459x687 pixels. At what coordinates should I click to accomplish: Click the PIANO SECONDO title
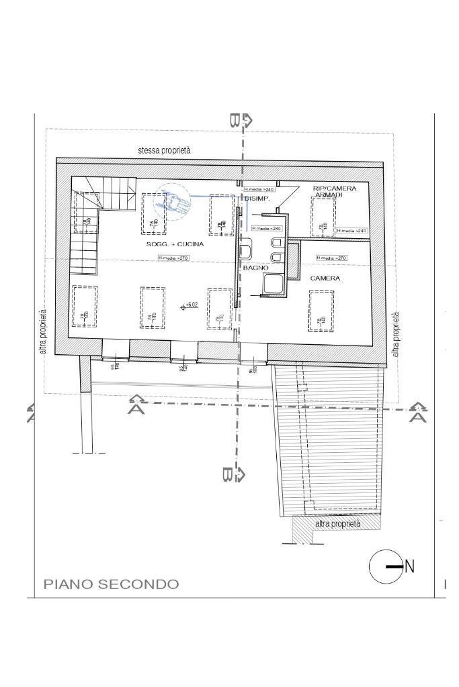coord(112,584)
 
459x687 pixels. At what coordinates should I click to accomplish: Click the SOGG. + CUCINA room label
coord(175,244)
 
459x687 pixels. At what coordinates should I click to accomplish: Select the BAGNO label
coord(256,268)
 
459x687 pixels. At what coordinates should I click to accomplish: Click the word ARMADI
coord(329,195)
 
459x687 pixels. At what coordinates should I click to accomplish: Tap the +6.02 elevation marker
coord(190,306)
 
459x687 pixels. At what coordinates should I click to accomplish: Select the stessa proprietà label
coord(164,151)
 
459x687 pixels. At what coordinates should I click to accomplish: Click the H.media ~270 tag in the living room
coord(172,258)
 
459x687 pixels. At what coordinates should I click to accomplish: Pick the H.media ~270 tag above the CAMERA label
coord(331,258)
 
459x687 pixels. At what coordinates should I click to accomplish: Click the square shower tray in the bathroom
coord(274,283)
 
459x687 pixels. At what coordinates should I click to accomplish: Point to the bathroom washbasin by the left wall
coord(245,252)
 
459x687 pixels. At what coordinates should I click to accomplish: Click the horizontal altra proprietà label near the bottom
coord(337,523)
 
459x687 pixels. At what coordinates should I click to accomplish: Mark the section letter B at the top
coord(235,121)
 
